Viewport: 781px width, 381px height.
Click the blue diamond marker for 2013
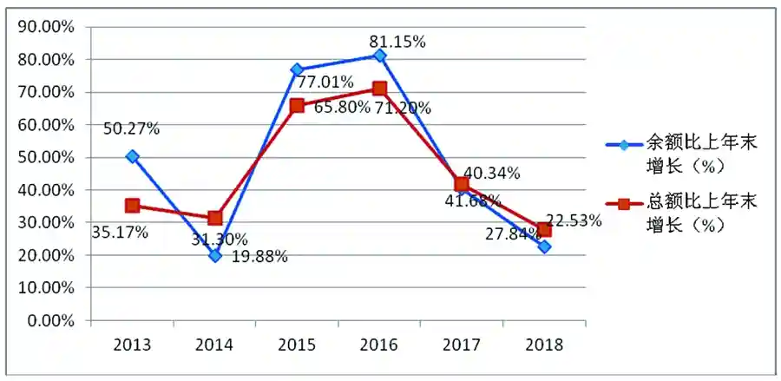point(132,156)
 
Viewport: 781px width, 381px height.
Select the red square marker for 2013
point(132,206)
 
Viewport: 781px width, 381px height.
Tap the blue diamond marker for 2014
point(214,255)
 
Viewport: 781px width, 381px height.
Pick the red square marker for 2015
point(297,105)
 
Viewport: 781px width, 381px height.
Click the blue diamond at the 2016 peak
point(379,56)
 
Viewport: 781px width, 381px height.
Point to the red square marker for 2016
point(379,88)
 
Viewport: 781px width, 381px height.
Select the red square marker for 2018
point(544,230)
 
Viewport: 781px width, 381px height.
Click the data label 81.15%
point(396,41)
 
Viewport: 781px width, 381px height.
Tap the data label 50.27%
point(131,128)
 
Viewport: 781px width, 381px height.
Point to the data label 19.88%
point(259,256)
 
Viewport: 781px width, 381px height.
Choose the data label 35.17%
point(120,232)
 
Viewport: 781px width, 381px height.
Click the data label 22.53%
point(573,220)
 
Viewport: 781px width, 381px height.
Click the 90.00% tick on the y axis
point(47,26)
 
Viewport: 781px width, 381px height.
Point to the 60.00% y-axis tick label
point(47,124)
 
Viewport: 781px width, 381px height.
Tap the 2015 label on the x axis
point(297,345)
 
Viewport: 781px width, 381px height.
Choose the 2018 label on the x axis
point(544,345)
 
